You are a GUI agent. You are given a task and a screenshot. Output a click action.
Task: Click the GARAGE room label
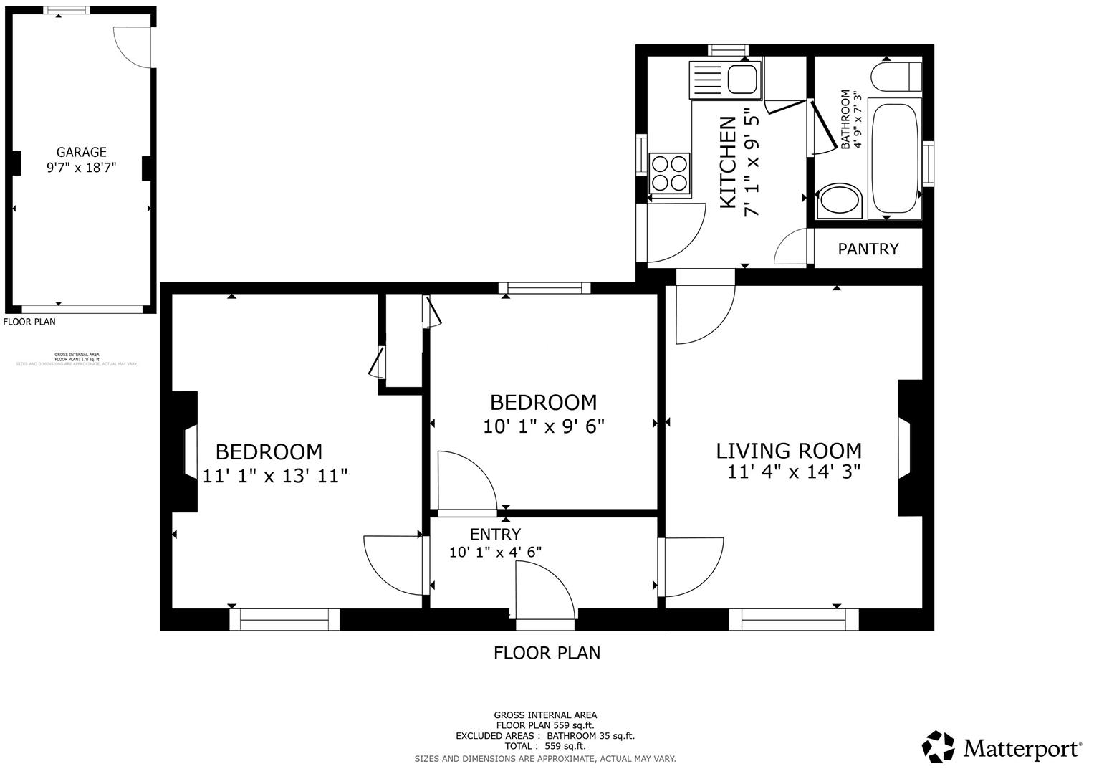tap(81, 152)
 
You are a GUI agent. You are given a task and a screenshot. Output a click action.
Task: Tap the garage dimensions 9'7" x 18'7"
tap(81, 168)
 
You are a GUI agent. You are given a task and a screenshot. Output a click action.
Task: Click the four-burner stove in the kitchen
tap(668, 173)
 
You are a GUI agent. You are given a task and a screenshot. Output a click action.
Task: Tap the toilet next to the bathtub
tap(839, 201)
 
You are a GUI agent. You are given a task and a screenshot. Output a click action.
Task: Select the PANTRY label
tap(868, 249)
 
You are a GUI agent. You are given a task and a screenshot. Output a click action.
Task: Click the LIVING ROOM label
tap(789, 451)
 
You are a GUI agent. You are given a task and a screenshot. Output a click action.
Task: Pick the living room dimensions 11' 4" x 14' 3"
tap(793, 472)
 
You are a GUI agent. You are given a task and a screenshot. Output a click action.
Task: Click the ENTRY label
tap(495, 534)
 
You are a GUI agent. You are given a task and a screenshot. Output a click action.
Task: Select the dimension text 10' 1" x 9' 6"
tap(544, 426)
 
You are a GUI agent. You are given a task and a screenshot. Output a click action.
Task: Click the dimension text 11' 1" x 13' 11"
tap(275, 475)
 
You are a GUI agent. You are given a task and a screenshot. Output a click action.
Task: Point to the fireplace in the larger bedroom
tap(185, 451)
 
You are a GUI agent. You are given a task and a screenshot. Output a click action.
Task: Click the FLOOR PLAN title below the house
tap(547, 653)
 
